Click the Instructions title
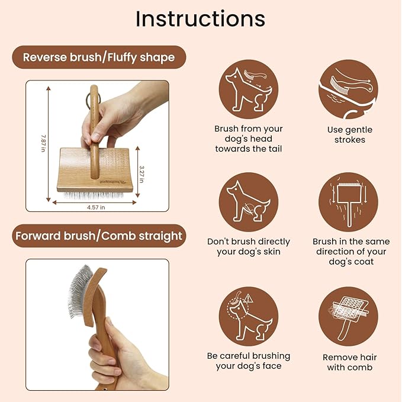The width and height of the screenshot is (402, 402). pos(200,18)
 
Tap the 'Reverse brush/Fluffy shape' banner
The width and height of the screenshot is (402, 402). pos(98,57)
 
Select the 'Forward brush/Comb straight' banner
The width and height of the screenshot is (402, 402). pos(98,236)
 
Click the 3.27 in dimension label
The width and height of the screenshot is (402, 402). pos(142,172)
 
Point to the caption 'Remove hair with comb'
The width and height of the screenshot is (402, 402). pos(349,362)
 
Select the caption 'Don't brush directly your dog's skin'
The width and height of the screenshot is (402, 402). pos(249,246)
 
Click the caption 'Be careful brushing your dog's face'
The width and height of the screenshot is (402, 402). pos(249,361)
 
